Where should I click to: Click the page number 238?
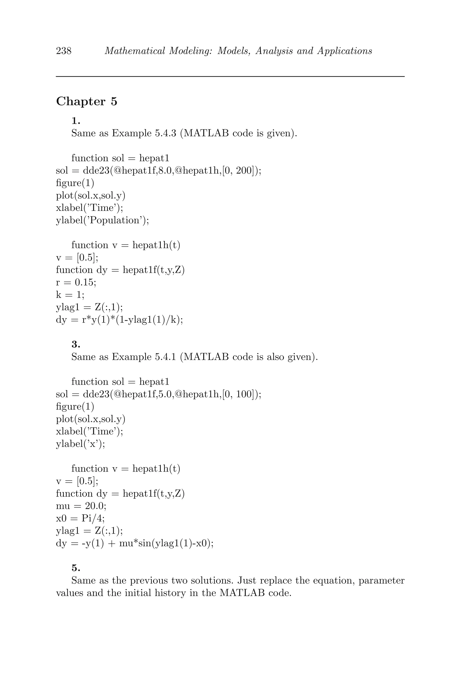pyautogui.click(x=64, y=51)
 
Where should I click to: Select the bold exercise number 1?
pyautogui.click(x=76, y=121)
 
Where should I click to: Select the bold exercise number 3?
pyautogui.click(x=76, y=344)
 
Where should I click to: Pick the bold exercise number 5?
pyautogui.click(x=76, y=568)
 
